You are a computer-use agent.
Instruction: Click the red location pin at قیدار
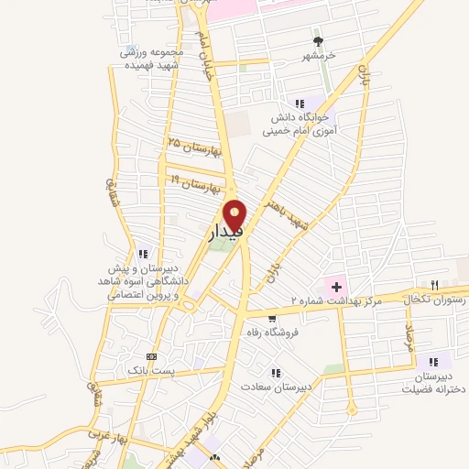pos(236,214)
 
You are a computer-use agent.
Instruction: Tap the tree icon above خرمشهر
pos(319,41)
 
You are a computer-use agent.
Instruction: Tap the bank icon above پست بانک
pos(151,356)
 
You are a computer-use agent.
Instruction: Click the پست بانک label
pos(156,372)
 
